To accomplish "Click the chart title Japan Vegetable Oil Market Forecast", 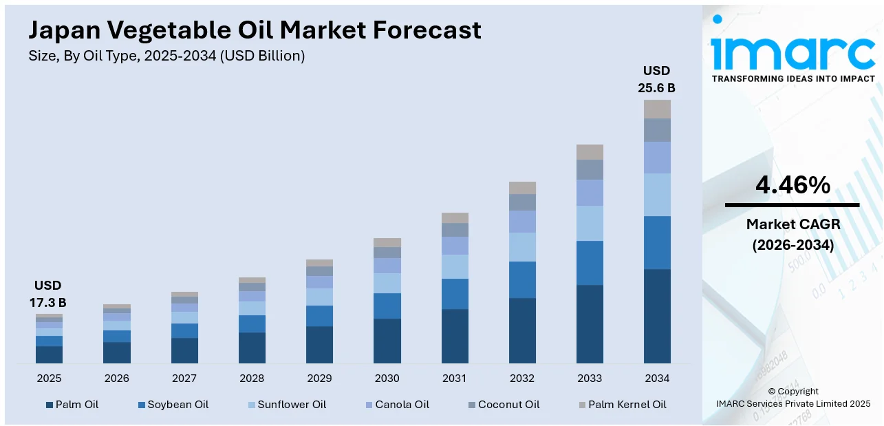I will coord(255,30).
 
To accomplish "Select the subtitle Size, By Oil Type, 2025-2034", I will coord(166,56).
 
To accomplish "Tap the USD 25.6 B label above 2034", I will coord(656,79).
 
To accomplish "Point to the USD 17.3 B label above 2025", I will coord(49,294).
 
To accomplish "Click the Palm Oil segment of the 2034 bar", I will coord(657,316).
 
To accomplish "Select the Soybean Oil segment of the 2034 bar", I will coord(657,242).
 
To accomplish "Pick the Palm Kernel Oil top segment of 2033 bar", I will coord(590,152).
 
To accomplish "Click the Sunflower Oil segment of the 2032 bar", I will coord(522,247).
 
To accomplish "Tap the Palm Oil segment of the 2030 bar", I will coord(387,341).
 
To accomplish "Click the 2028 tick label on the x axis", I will coord(252,379).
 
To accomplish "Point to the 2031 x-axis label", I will coord(455,379).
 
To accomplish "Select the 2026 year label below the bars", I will coord(117,379).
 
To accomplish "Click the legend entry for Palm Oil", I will coord(72,405).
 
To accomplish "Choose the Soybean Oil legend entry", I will coord(173,405).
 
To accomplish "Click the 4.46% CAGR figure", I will coord(793,185).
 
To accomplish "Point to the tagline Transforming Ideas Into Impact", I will coord(793,78).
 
